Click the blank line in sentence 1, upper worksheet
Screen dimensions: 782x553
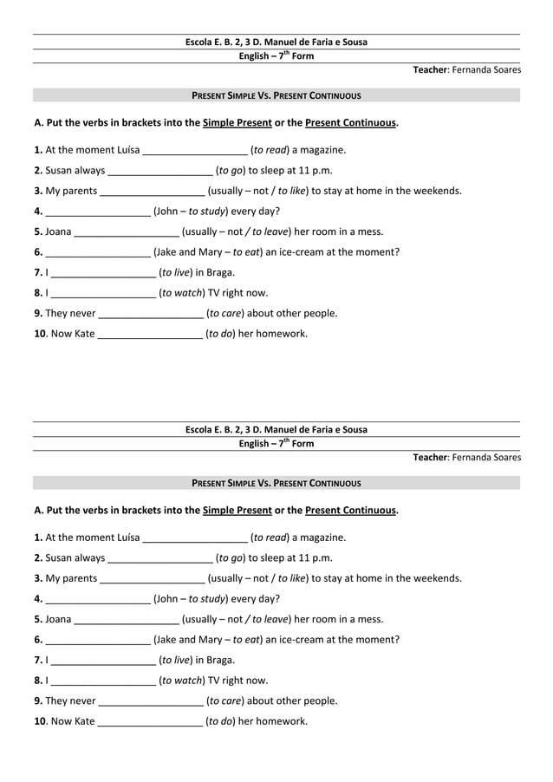(195, 150)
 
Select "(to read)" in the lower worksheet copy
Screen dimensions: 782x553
(269, 538)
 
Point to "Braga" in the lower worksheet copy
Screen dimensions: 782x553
(220, 660)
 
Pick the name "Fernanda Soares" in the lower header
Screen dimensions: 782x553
(486, 458)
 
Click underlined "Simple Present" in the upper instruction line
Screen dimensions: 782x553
(237, 123)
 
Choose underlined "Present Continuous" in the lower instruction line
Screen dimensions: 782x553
(350, 511)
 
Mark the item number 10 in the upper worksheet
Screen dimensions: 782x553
(39, 334)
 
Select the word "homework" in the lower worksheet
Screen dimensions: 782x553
(284, 721)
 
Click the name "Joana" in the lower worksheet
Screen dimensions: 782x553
(58, 619)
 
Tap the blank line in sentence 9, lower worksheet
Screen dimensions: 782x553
(151, 701)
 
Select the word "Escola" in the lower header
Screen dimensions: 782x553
(201, 430)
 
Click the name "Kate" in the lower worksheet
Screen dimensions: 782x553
(84, 721)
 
